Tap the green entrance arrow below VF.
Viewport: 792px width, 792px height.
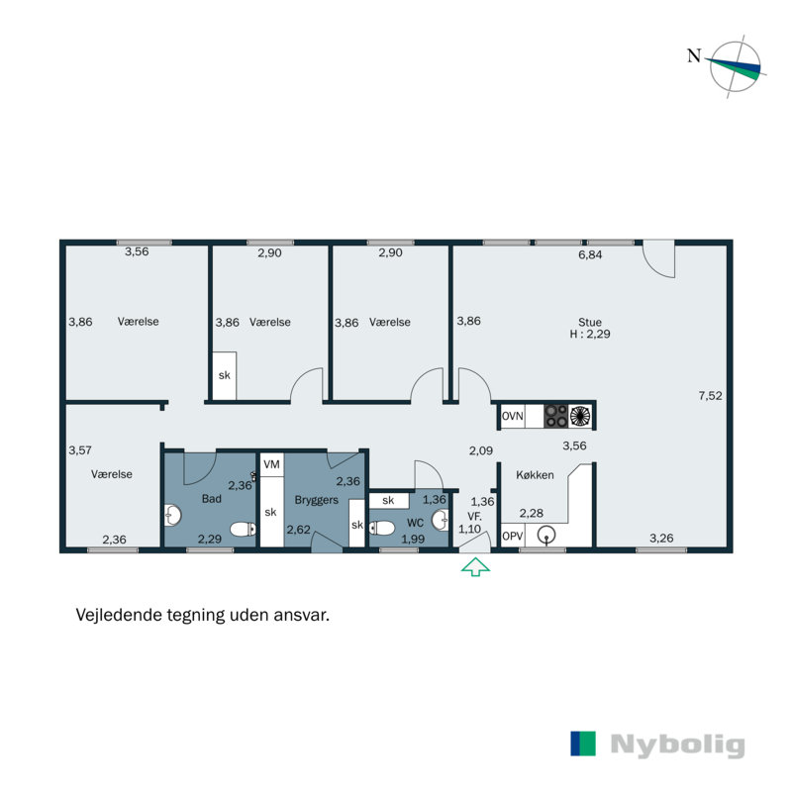point(475,567)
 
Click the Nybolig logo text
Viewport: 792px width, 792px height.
point(676,744)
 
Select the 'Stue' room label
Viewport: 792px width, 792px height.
point(590,322)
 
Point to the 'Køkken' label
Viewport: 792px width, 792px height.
point(536,475)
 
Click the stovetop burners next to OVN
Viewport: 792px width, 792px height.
point(568,417)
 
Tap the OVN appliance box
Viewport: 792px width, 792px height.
point(512,417)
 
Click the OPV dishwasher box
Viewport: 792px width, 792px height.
point(512,536)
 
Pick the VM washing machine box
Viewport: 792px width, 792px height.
point(270,464)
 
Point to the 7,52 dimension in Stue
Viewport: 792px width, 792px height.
point(711,395)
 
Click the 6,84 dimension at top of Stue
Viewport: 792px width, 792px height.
point(590,254)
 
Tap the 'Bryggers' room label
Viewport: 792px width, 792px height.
point(316,500)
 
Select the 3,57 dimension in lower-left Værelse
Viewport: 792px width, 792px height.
point(80,449)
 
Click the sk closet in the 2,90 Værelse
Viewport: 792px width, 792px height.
point(224,376)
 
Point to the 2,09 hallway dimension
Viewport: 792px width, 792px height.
point(481,451)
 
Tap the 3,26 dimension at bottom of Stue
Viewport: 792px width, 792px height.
point(661,539)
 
